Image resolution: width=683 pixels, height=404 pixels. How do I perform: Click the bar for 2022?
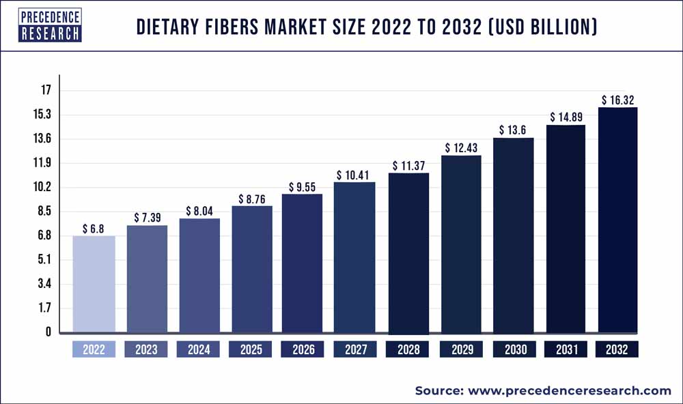[94, 285]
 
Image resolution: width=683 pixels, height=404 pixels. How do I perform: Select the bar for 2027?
[355, 257]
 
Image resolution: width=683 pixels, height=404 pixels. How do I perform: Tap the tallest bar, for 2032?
[617, 220]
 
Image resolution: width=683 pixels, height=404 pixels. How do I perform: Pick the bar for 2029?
[460, 244]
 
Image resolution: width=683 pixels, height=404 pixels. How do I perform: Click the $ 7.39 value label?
[146, 216]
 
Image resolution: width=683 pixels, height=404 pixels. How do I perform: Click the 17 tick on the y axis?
[46, 90]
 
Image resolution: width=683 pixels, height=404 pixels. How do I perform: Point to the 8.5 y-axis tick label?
[44, 212]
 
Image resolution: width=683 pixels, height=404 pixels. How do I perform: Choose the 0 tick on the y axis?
[48, 332]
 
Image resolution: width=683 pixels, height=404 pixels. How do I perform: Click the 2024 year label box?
[199, 349]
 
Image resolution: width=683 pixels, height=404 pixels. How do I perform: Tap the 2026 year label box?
[303, 349]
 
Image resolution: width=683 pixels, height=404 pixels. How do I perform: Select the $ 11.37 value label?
[408, 165]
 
